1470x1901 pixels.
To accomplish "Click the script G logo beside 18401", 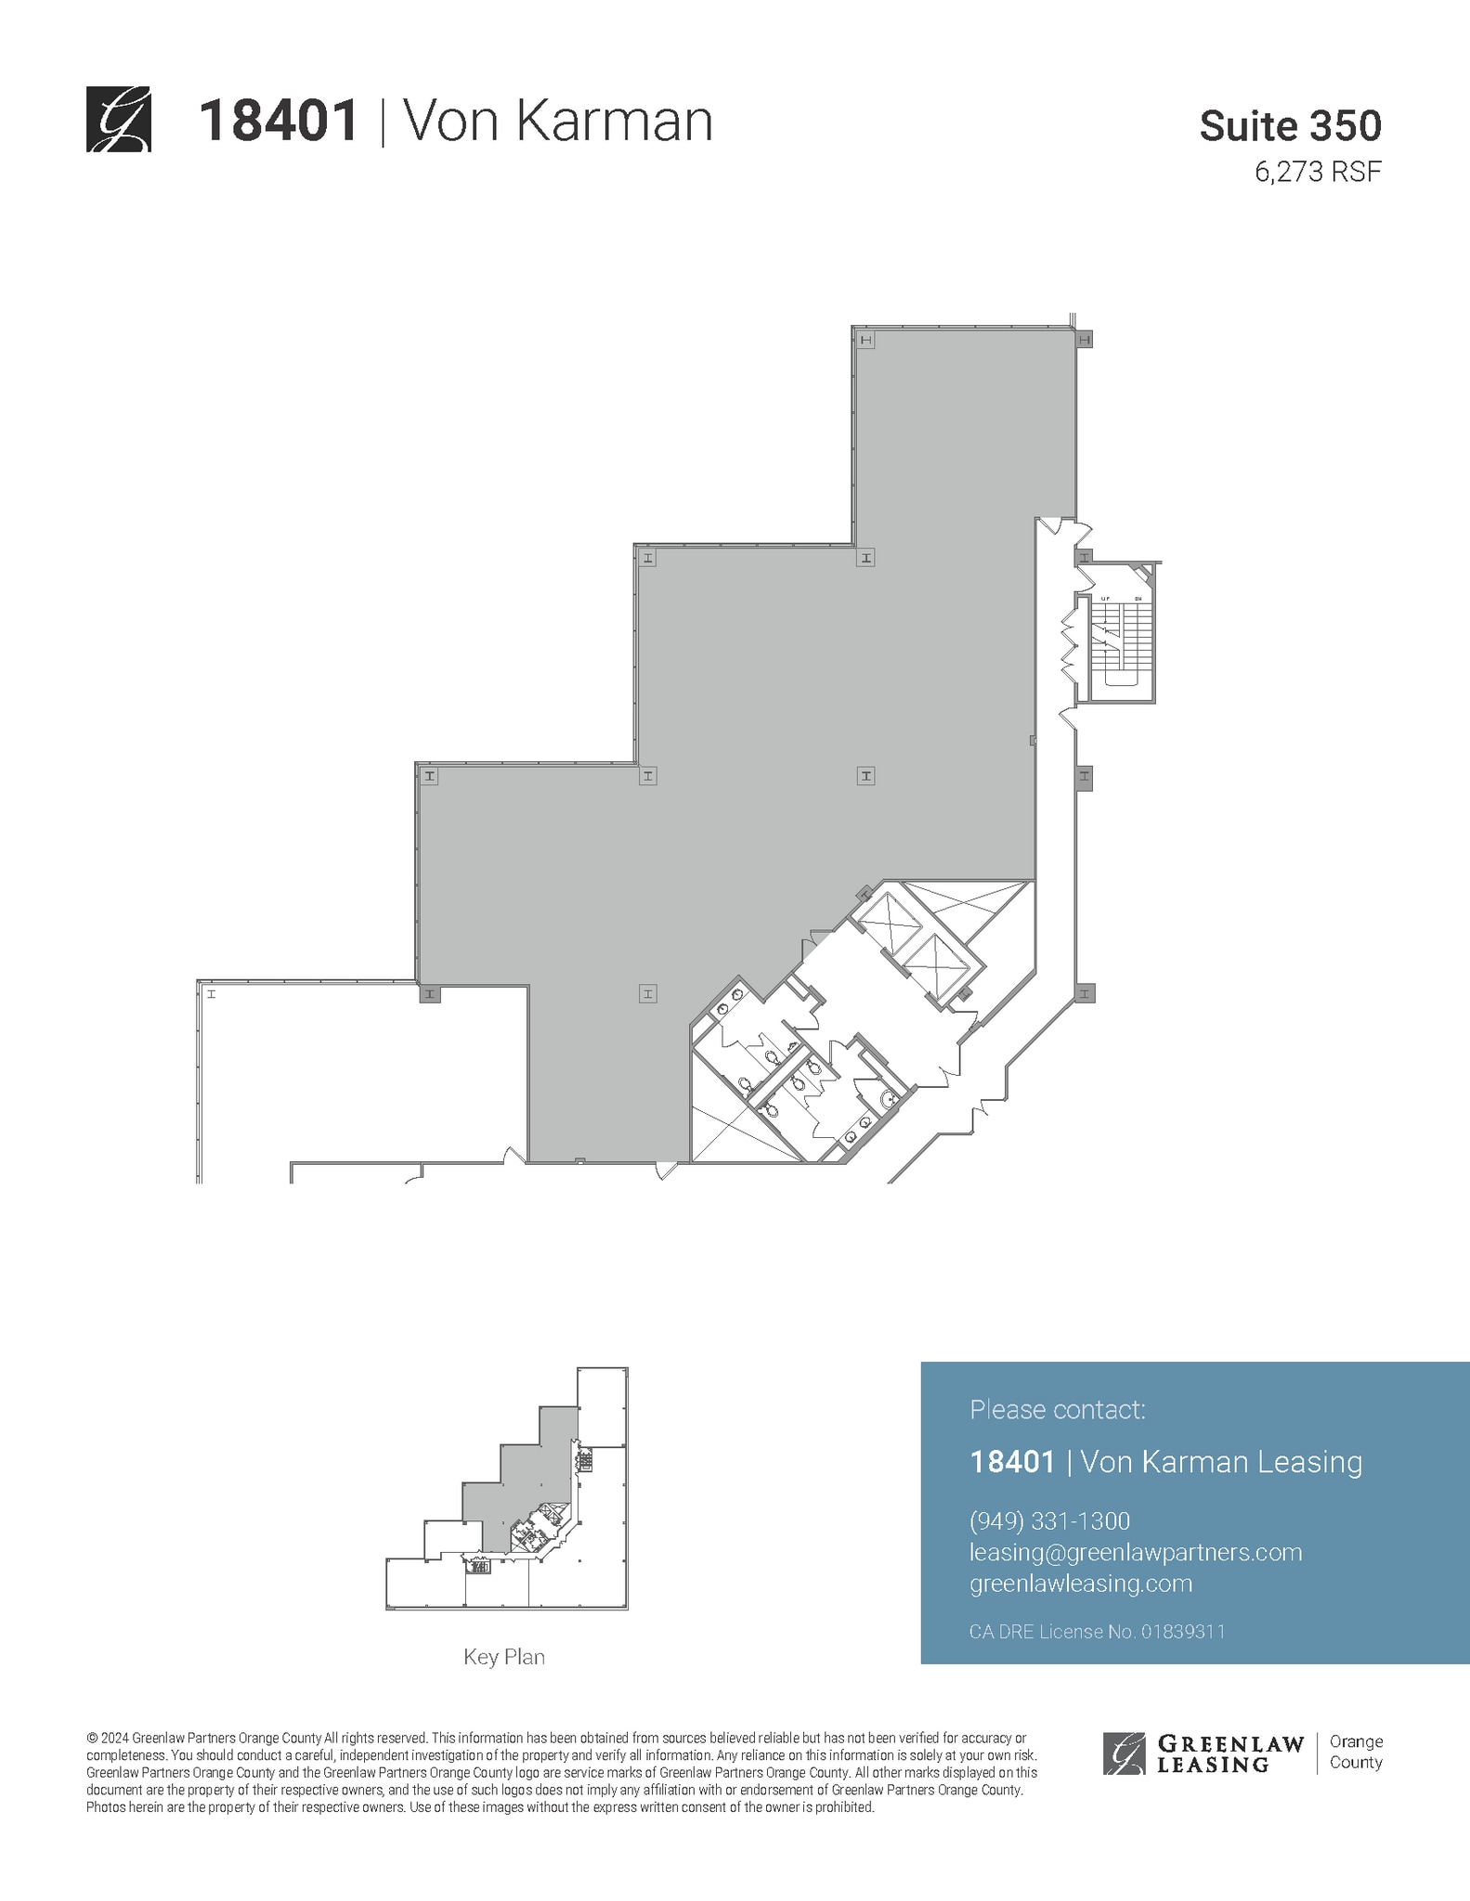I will coord(118,119).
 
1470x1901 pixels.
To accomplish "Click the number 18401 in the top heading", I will coord(279,122).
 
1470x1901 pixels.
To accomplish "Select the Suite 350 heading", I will coord(1290,126).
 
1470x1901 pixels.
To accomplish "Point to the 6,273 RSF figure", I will coord(1318,173).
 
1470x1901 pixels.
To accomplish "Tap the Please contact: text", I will coord(1057,1410).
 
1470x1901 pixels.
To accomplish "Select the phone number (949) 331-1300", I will coord(1049,1521).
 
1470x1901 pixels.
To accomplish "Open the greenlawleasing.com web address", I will coord(1080,1584).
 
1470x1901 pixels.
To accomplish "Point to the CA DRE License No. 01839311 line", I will coord(1097,1632).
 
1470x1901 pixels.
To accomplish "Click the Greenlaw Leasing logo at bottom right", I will coord(1203,1753).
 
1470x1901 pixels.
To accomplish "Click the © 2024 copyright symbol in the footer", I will coord(92,1738).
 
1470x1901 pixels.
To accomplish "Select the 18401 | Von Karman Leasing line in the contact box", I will coord(1165,1462).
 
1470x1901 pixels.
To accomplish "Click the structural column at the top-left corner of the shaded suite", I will coord(866,341).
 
